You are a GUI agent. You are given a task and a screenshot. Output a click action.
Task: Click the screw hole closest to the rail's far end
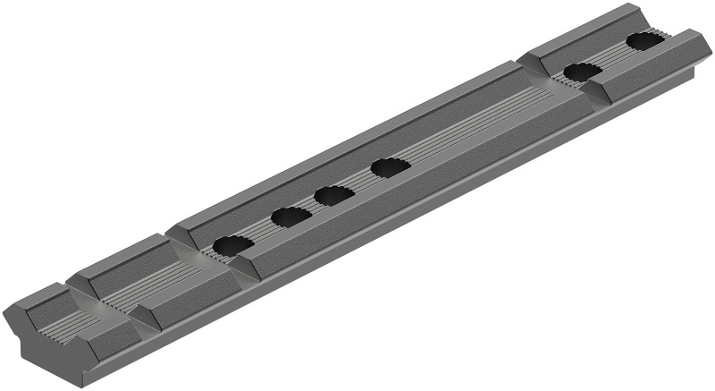(644, 41)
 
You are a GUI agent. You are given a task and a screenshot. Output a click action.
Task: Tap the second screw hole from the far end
(582, 72)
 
